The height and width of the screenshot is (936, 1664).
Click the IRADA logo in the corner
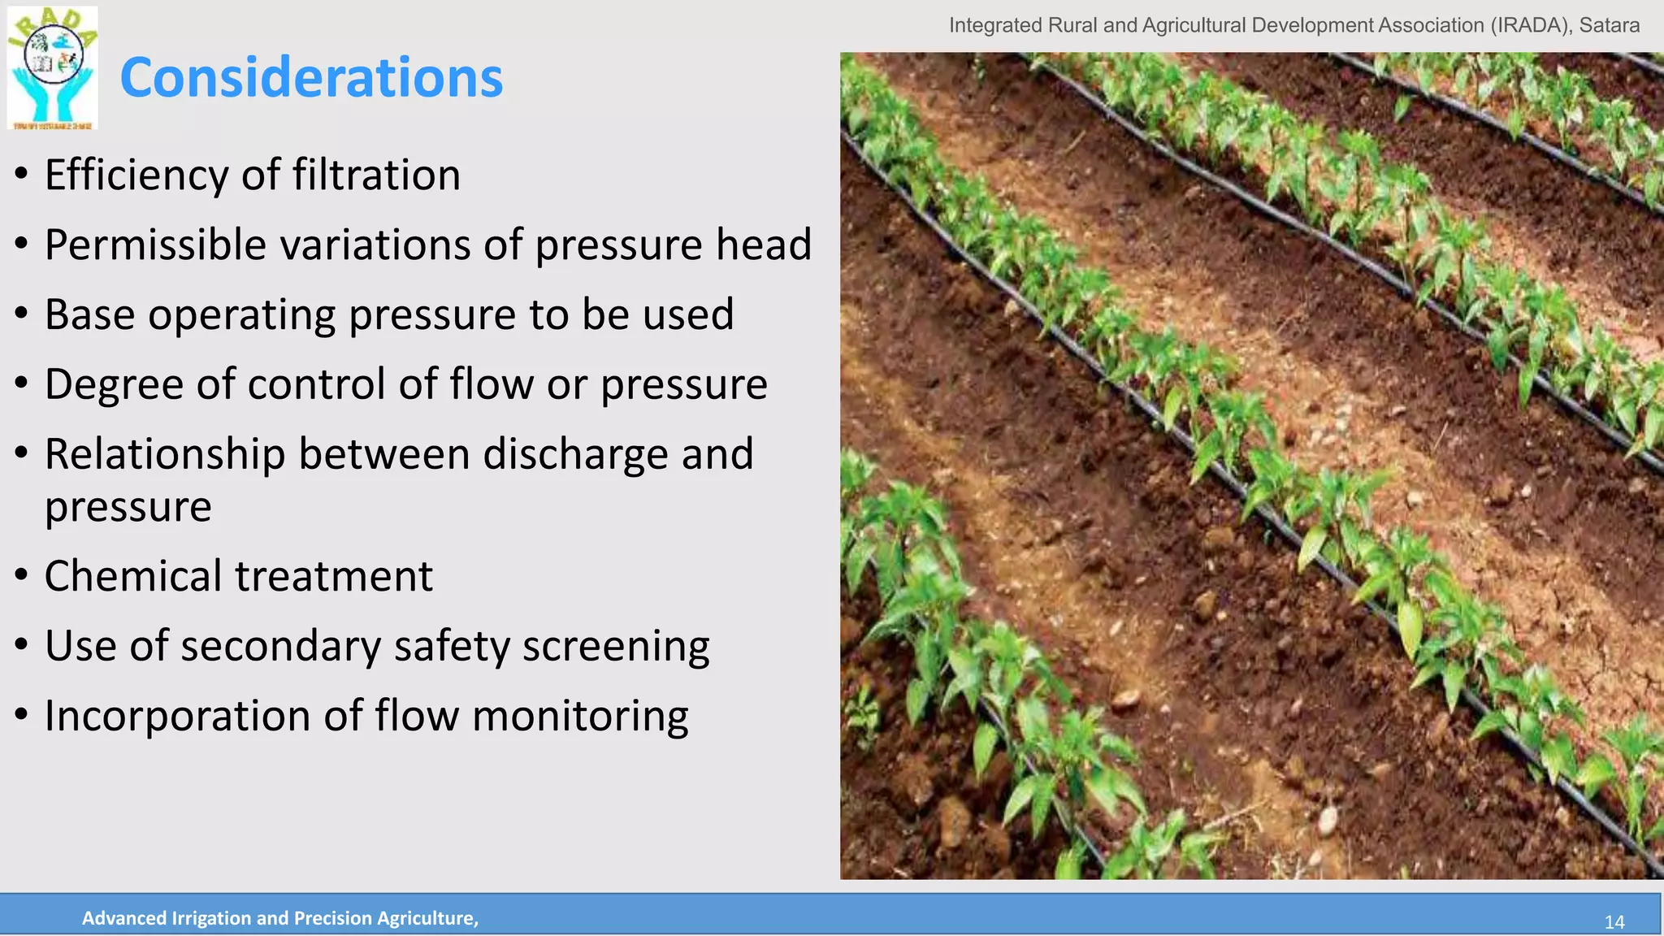[53, 67]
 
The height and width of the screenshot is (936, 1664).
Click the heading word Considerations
[311, 78]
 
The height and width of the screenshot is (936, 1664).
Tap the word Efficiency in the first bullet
[136, 175]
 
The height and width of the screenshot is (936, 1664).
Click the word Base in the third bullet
[89, 314]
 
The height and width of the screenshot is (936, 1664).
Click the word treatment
[334, 576]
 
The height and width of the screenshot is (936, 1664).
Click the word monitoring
[580, 717]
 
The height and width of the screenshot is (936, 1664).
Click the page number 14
[1614, 922]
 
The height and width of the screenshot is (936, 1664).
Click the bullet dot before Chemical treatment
[22, 576]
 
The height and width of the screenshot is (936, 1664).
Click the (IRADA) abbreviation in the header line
[1531, 25]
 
